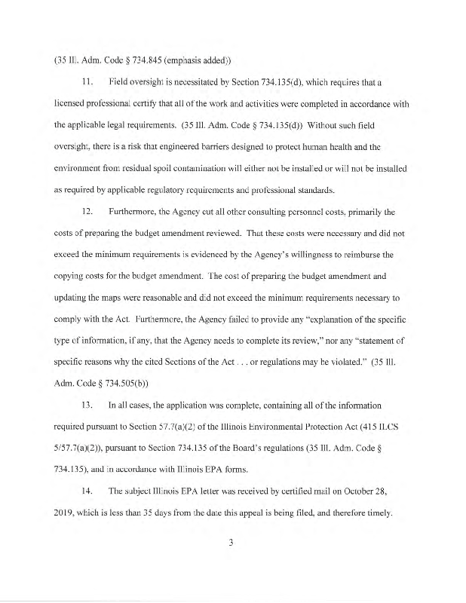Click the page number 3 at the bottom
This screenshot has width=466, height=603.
(232, 559)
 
